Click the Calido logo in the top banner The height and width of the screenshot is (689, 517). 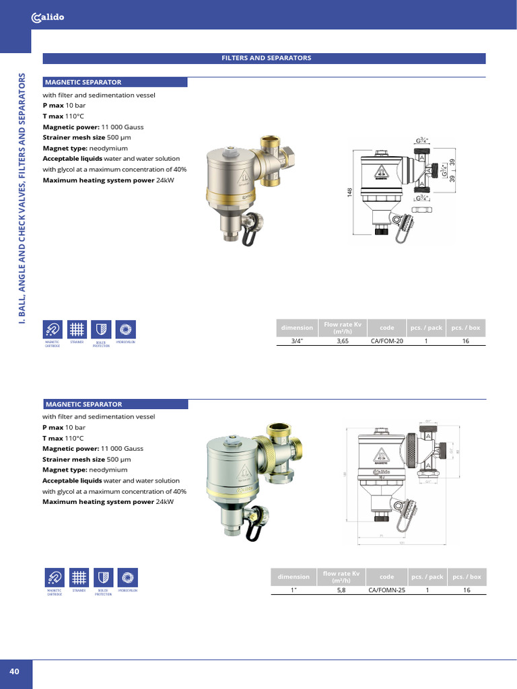[x=48, y=18]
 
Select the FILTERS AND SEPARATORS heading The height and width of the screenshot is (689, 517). [x=266, y=59]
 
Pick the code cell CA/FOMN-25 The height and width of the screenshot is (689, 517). [x=387, y=590]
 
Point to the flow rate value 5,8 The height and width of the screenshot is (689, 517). [x=341, y=590]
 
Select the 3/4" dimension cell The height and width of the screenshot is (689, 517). [x=297, y=341]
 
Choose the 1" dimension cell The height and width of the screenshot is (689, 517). [x=294, y=590]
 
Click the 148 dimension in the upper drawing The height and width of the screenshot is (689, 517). [x=349, y=192]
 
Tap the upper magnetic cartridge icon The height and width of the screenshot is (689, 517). [x=53, y=329]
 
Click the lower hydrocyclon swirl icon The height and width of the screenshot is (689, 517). [x=127, y=578]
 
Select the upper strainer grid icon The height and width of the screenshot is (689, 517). [x=77, y=329]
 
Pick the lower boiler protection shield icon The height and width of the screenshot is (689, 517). [x=103, y=578]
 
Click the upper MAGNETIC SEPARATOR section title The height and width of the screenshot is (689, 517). [x=83, y=82]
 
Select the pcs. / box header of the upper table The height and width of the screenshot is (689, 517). [x=466, y=328]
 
